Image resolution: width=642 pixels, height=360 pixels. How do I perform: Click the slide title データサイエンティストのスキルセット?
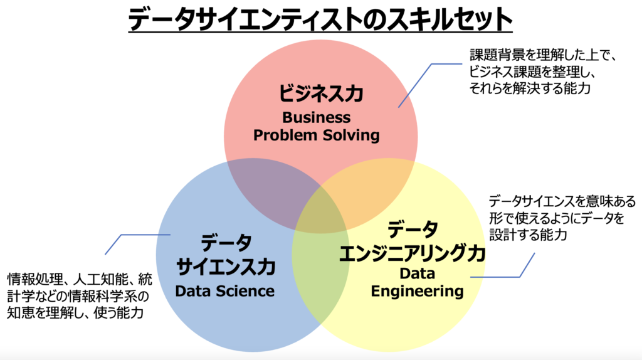point(320,19)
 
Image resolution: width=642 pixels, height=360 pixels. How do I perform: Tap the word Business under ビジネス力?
point(317,117)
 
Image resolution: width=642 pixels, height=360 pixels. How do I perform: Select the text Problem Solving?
point(317,135)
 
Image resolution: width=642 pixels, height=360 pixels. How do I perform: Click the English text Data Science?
point(224,291)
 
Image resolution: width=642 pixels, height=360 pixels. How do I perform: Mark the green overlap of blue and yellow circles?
point(320,276)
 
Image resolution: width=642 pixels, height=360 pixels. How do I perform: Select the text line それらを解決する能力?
point(530,89)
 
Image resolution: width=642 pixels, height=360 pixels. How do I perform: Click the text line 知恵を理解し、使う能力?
point(76,312)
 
